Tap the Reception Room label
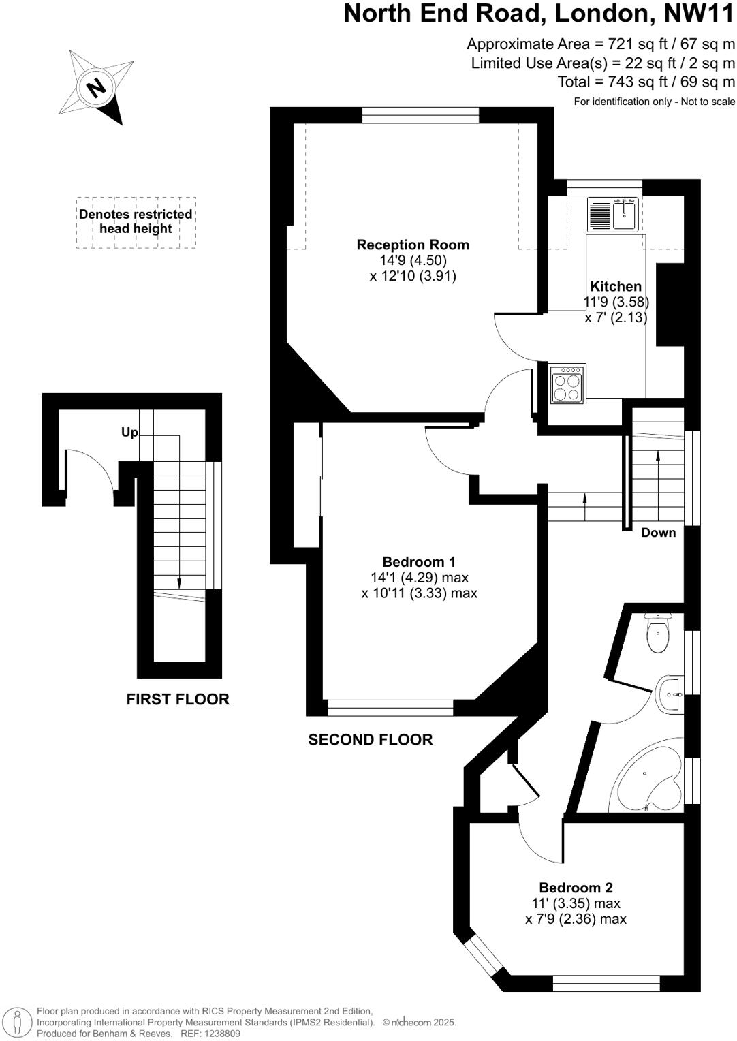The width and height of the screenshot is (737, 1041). pyautogui.click(x=413, y=245)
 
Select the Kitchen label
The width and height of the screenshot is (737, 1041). pyautogui.click(x=616, y=286)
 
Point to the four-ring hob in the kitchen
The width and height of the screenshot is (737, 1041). pyautogui.click(x=567, y=384)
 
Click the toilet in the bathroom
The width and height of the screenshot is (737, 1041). pyautogui.click(x=658, y=633)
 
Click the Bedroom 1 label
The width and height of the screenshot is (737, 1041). pyautogui.click(x=419, y=562)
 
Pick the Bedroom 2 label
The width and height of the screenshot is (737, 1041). pyautogui.click(x=576, y=888)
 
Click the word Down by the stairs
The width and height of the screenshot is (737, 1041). pyautogui.click(x=659, y=533)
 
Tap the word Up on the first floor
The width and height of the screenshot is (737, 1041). pyautogui.click(x=129, y=433)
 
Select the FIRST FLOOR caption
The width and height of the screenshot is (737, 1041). pyautogui.click(x=178, y=699)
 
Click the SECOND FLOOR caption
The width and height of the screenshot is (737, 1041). pyautogui.click(x=371, y=740)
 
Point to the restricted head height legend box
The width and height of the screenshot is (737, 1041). pyautogui.click(x=136, y=222)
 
